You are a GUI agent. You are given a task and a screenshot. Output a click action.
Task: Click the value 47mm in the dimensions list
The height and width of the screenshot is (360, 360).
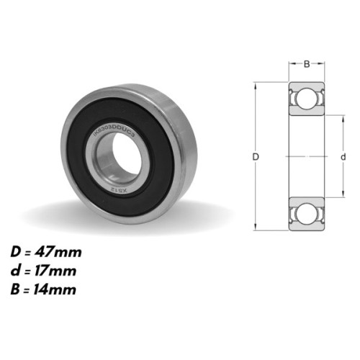[x=63, y=253]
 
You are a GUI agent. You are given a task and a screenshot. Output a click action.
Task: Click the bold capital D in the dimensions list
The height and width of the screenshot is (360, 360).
[x=16, y=253]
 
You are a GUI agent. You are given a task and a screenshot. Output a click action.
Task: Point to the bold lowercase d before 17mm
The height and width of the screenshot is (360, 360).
[x=16, y=271]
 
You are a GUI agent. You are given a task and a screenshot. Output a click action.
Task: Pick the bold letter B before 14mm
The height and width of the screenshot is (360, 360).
[x=16, y=290]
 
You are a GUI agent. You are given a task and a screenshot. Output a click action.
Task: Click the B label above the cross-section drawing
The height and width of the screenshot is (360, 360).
[x=306, y=64]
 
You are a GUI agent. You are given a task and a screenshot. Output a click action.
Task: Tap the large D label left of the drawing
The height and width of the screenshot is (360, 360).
[x=257, y=156]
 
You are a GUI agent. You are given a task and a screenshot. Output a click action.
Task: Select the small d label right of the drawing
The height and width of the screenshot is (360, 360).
[x=343, y=156]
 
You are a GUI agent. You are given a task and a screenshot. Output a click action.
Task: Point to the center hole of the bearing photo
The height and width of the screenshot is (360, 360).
[x=114, y=153]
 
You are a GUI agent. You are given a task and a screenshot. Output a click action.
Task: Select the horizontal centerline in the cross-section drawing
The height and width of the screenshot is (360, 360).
[x=306, y=156]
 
